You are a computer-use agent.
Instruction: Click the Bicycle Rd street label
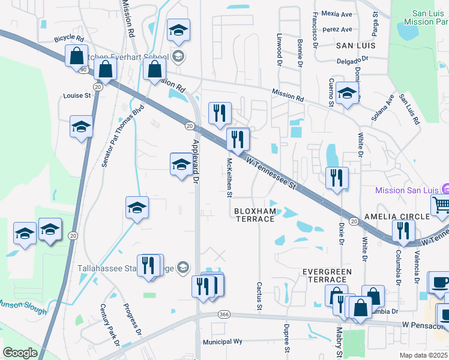pos(69,38)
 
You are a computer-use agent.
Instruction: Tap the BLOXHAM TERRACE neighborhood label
pos(254,215)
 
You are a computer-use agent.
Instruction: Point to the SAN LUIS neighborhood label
pos(355,45)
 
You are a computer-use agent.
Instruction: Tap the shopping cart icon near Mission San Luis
pos(441,205)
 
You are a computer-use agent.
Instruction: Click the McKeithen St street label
pos(229,177)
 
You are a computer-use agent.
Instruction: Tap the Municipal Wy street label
pos(222,341)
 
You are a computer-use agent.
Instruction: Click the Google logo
pos(20,353)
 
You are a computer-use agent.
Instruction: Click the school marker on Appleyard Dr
pos(181,164)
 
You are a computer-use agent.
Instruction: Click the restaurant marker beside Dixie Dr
pos(336,178)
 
